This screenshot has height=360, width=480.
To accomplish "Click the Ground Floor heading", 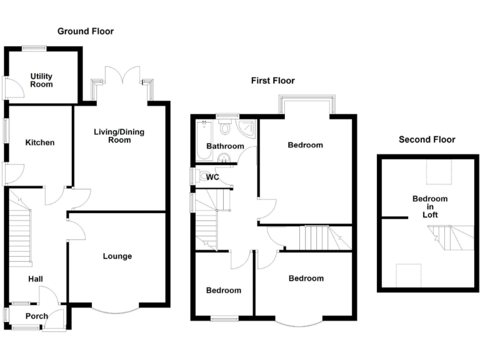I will point(86,31).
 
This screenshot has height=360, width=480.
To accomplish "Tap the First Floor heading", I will point(273,81).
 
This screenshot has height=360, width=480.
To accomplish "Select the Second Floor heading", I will point(427,139).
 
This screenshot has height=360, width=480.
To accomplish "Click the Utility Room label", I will point(41,80).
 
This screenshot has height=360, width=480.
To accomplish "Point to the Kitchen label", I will point(40,142).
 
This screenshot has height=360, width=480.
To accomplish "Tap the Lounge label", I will point(117,256).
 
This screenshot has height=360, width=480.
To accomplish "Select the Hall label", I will point(35,279).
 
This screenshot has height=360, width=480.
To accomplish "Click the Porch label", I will point(36,316).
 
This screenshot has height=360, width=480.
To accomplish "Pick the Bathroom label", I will point(225,146).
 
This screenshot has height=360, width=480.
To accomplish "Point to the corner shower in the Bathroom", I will point(247,128).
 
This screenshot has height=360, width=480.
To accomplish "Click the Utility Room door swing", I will point(14,88).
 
